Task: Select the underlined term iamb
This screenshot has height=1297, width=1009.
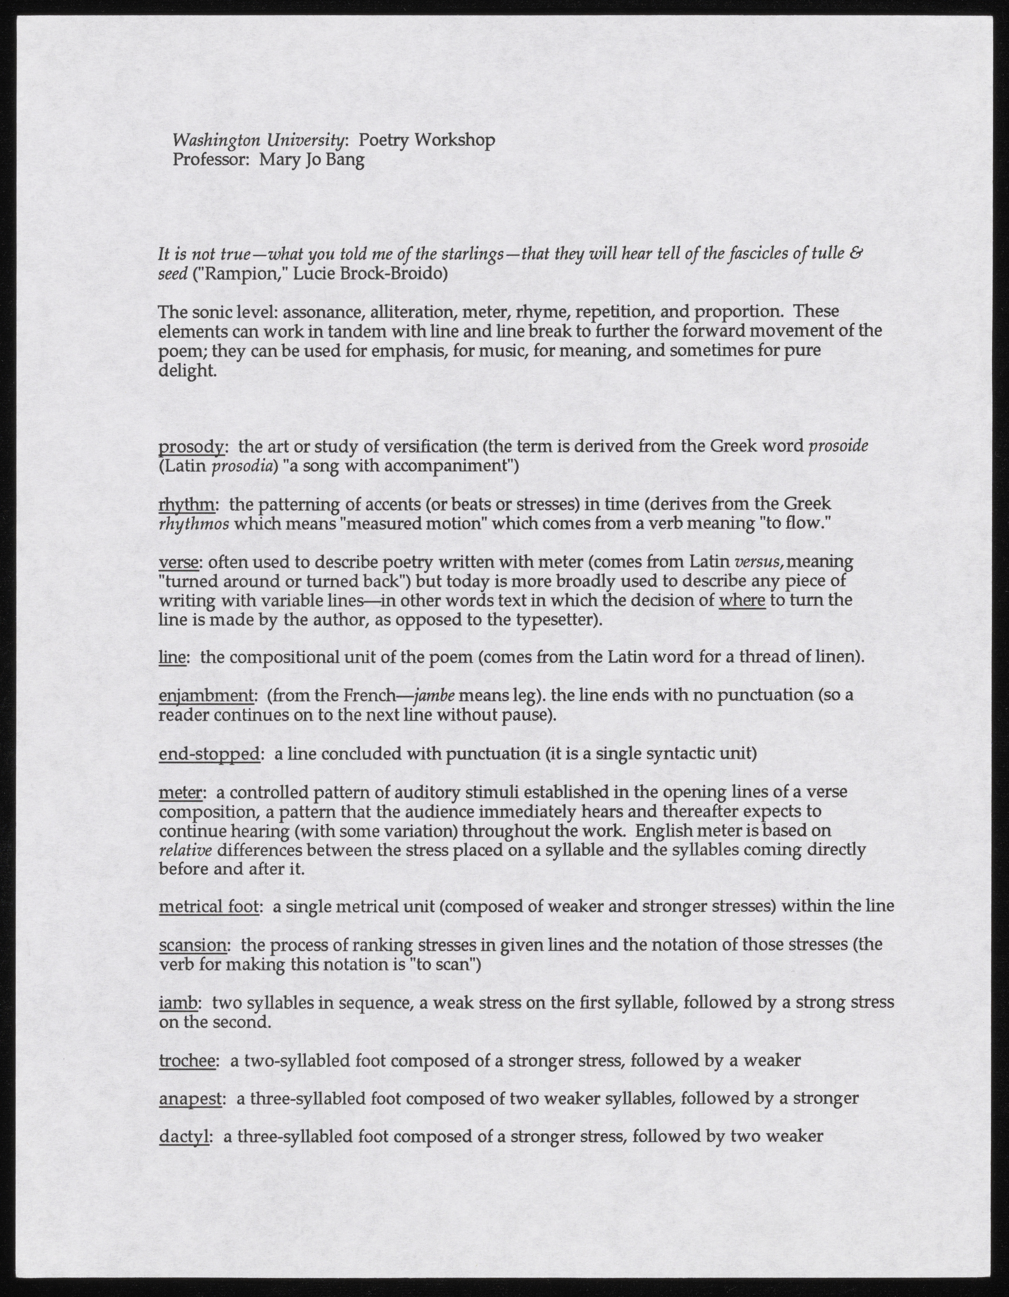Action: [x=177, y=1002]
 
